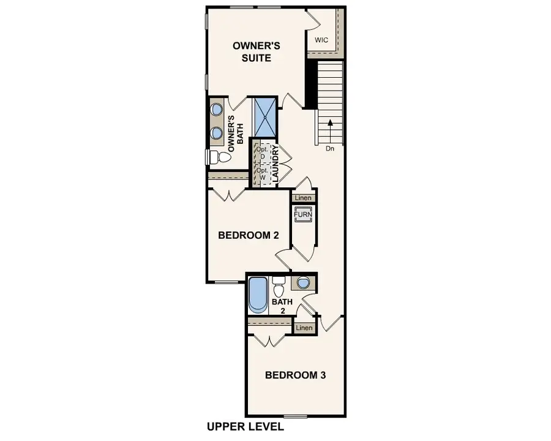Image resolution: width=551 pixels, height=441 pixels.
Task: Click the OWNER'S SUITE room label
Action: (x=252, y=51)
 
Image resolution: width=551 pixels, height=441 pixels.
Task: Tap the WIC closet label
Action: (x=321, y=40)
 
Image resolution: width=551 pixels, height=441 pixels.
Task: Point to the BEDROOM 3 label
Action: (x=295, y=375)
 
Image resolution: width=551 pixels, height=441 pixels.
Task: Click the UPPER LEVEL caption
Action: (x=245, y=426)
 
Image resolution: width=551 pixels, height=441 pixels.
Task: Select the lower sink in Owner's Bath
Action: (x=217, y=133)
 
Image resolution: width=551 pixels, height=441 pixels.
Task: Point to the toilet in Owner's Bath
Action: (x=219, y=157)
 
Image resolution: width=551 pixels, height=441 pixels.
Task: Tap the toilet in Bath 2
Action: (x=279, y=285)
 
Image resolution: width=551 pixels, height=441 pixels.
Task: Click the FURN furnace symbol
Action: (x=304, y=216)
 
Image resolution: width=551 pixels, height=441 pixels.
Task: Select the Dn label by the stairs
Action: (x=329, y=149)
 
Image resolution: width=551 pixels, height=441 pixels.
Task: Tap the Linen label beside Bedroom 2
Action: (x=302, y=198)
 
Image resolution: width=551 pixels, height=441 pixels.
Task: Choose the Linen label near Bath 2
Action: (x=304, y=328)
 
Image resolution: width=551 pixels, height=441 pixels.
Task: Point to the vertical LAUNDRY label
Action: (x=275, y=164)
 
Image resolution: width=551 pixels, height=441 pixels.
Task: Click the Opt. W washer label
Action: (x=261, y=173)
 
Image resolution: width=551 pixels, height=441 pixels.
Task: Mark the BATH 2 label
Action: (x=282, y=306)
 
